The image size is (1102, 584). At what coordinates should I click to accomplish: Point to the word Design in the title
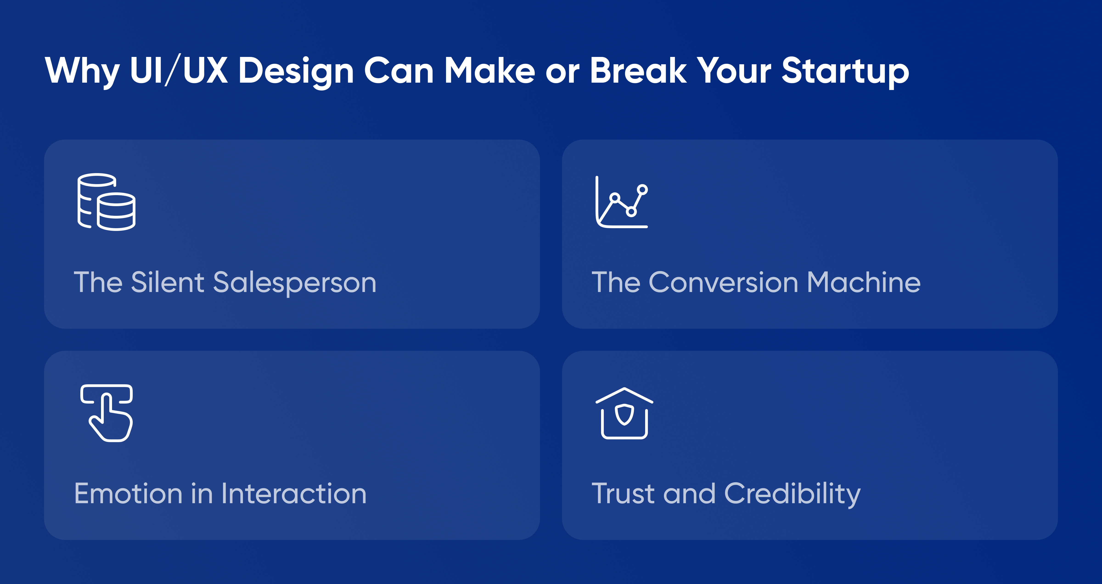click(296, 72)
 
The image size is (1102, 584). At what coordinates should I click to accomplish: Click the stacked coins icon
click(107, 202)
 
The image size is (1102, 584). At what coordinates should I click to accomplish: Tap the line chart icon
click(621, 202)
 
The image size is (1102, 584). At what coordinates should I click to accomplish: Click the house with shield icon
click(624, 413)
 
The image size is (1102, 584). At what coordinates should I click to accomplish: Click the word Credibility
click(792, 494)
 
